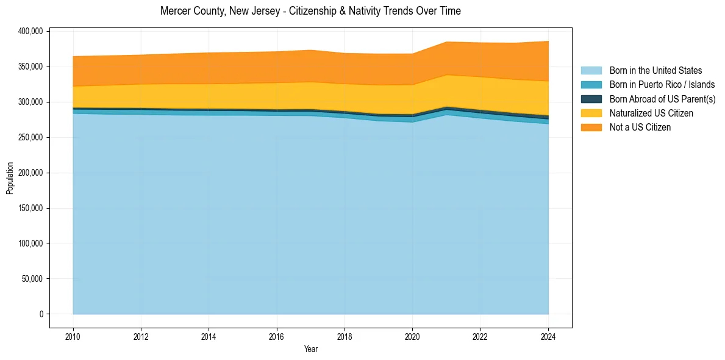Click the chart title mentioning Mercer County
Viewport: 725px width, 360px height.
310,11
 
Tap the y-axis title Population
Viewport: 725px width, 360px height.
10,178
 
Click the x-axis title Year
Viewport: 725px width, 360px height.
310,349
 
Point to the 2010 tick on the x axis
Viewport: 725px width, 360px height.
73,336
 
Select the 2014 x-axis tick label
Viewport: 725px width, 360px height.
209,336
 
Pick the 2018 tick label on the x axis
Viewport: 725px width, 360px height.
345,336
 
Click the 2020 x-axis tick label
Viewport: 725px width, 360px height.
412,336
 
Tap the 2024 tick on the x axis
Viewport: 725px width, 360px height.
548,336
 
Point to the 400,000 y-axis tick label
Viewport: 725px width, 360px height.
29,31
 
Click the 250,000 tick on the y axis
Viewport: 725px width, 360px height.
29,137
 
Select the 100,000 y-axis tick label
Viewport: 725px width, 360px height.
29,243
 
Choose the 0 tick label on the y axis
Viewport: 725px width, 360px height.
41,314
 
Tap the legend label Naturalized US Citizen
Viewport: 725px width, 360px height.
651,113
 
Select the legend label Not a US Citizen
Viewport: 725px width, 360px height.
640,127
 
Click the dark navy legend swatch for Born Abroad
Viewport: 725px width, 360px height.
591,99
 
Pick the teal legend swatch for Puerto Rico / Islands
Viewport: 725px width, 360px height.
591,85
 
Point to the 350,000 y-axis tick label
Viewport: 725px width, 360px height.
29,67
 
